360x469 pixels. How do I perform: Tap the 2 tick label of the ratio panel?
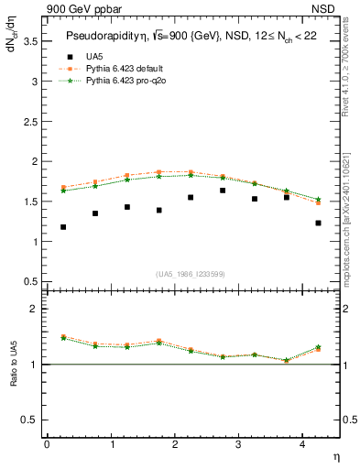[x=34, y=309]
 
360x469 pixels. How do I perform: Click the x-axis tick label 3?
[x=238, y=444]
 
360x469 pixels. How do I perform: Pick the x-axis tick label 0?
[x=47, y=444]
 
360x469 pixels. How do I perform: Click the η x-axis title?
[x=334, y=455]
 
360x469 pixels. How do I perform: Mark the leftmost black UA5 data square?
[x=63, y=227]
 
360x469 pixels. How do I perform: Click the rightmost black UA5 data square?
[x=318, y=223]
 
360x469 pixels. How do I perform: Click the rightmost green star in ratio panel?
[x=318, y=347]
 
